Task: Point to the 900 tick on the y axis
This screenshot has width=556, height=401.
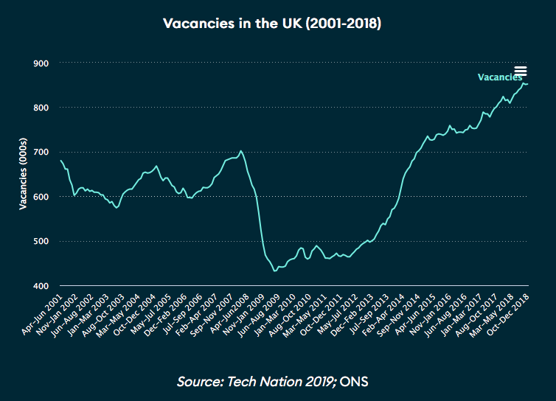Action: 41,63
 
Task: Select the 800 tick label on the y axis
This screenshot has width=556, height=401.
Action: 41,108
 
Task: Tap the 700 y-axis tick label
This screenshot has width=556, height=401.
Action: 41,153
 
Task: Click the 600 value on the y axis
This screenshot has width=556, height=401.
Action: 41,197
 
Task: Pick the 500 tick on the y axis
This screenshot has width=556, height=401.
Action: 41,241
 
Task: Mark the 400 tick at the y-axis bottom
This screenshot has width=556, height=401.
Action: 41,286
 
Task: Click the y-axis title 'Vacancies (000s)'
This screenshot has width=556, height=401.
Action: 24,174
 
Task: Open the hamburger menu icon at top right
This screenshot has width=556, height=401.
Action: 521,71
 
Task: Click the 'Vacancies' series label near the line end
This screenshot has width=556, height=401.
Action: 499,77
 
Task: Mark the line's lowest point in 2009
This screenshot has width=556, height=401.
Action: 275,271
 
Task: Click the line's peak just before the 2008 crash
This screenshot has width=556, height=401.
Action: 241,150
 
